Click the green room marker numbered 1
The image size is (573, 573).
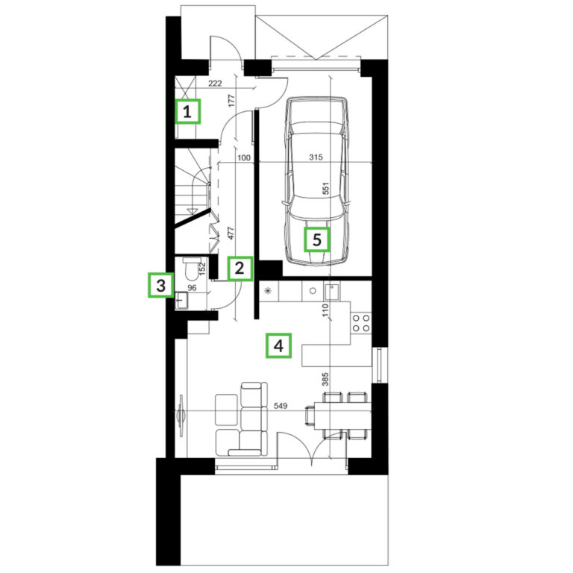(x=187, y=111)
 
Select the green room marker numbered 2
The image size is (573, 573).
(x=239, y=269)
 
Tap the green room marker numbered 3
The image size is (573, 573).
(x=161, y=285)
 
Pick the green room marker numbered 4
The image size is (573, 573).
(x=278, y=345)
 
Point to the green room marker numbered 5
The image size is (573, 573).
(x=317, y=239)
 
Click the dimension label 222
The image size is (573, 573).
(x=215, y=84)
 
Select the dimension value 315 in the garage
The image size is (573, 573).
(x=316, y=157)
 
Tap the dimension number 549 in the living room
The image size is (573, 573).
(x=281, y=406)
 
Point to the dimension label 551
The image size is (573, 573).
(x=326, y=189)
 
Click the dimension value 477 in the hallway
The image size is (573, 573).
(x=231, y=234)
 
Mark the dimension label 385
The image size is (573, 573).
(x=325, y=379)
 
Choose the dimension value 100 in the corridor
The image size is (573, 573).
(x=244, y=157)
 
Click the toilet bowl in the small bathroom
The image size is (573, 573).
(x=191, y=268)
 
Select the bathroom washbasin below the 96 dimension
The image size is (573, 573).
(x=181, y=301)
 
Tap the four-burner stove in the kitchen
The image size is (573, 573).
(x=361, y=323)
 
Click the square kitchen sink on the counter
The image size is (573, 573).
(x=332, y=291)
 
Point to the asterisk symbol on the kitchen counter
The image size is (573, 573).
(x=268, y=291)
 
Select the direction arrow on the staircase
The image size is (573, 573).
(x=192, y=210)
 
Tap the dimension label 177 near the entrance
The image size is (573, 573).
(x=231, y=101)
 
